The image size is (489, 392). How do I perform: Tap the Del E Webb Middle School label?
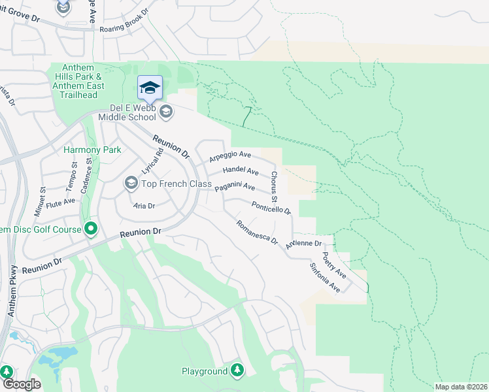127,112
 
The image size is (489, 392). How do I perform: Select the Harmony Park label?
92,150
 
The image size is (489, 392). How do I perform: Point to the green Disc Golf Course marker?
90,229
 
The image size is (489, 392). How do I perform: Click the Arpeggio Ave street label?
230,157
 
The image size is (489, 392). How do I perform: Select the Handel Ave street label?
241,171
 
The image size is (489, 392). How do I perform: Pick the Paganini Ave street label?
235,186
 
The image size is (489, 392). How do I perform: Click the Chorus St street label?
275,186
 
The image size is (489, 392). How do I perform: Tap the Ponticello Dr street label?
271,207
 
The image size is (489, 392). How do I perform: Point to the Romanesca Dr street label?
257,232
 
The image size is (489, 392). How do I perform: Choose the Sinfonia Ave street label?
325,278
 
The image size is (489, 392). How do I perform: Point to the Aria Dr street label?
144,205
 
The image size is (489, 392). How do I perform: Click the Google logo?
21,385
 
